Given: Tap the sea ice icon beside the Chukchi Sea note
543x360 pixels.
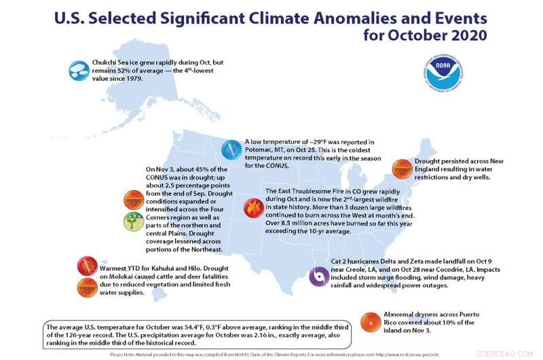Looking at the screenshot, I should click(78, 69).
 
